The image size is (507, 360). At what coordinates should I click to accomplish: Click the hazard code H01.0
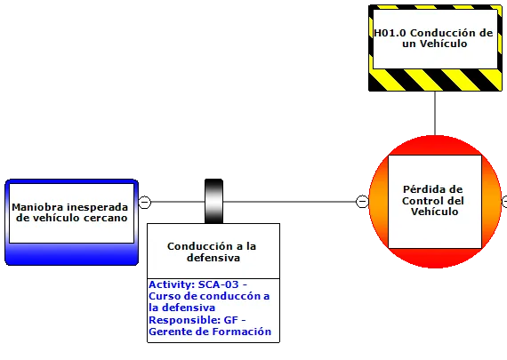click(390, 33)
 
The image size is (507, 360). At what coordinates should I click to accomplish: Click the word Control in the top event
click(422, 201)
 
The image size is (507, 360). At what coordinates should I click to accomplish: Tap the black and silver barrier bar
click(213, 201)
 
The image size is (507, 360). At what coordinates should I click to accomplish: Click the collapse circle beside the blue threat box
click(144, 203)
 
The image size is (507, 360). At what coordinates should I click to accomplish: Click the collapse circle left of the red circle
click(362, 201)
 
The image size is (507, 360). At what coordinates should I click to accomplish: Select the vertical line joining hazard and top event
click(435, 113)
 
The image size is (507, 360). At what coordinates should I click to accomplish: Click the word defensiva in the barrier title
click(213, 258)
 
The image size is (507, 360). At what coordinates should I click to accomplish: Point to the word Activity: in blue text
click(172, 284)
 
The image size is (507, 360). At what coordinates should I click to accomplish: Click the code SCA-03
click(218, 284)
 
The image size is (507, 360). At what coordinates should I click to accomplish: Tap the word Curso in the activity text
click(160, 296)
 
